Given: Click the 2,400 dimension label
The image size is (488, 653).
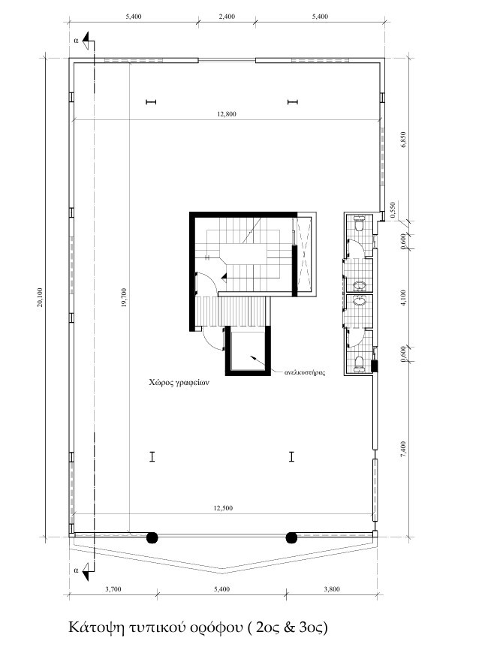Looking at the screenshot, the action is click(227, 17).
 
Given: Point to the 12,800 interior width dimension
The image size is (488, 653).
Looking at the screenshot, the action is click(226, 113).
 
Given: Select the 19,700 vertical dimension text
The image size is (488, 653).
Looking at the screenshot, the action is click(123, 297).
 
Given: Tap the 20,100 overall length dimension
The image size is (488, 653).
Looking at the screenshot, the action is click(40, 297).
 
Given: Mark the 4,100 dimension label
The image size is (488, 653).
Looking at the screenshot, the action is click(402, 298).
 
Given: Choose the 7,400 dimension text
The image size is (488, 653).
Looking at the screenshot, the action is click(402, 449).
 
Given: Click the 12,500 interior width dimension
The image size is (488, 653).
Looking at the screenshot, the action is click(223, 507).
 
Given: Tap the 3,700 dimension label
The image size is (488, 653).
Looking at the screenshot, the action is click(113, 589).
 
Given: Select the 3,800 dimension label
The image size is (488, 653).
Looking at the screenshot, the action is click(332, 589).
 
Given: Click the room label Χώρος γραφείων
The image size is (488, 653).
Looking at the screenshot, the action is click(179, 381).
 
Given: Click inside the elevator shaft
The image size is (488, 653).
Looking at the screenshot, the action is click(248, 351).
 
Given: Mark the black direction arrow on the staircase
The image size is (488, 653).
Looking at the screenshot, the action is click(224, 275).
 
